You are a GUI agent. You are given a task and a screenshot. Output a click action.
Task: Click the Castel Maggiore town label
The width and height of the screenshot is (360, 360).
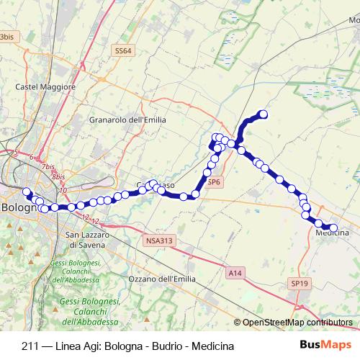[45, 87]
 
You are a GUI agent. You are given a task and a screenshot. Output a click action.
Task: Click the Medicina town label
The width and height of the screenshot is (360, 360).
[332, 233]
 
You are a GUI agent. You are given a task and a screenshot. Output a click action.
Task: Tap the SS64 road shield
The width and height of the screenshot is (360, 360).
[123, 51]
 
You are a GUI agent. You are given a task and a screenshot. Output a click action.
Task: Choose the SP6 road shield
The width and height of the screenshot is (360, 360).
[213, 183]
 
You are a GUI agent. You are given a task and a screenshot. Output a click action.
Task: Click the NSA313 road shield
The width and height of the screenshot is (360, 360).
[158, 241]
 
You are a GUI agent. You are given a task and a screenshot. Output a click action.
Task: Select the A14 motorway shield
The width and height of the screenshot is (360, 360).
[234, 273]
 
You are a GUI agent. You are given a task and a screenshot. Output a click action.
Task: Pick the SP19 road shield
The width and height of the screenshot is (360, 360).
[300, 284]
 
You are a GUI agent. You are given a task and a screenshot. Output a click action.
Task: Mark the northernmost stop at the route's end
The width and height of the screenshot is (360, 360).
[264, 114]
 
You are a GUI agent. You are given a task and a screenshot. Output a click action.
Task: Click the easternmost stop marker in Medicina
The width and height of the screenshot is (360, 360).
[333, 228]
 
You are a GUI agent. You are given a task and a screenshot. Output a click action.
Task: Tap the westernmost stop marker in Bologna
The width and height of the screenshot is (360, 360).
[27, 192]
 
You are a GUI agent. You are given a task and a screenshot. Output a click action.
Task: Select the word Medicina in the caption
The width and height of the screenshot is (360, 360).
[214, 346]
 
